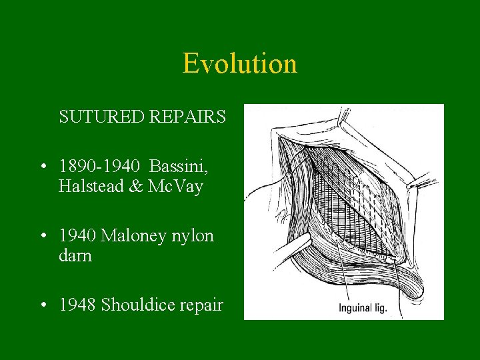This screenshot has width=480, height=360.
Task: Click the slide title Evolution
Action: [x=239, y=64]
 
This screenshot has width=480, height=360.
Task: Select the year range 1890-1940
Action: [x=100, y=165]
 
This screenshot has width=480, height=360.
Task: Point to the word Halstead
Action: [x=91, y=187]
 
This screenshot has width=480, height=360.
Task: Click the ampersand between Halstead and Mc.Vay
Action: [x=135, y=187]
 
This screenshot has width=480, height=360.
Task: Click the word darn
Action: [x=75, y=256]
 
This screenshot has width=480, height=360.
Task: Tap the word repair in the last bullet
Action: [x=200, y=305]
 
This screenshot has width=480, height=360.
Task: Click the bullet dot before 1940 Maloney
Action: [x=43, y=237]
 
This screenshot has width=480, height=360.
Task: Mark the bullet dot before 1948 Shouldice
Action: [x=43, y=306]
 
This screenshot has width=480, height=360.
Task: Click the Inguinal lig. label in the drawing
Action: [x=363, y=309]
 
